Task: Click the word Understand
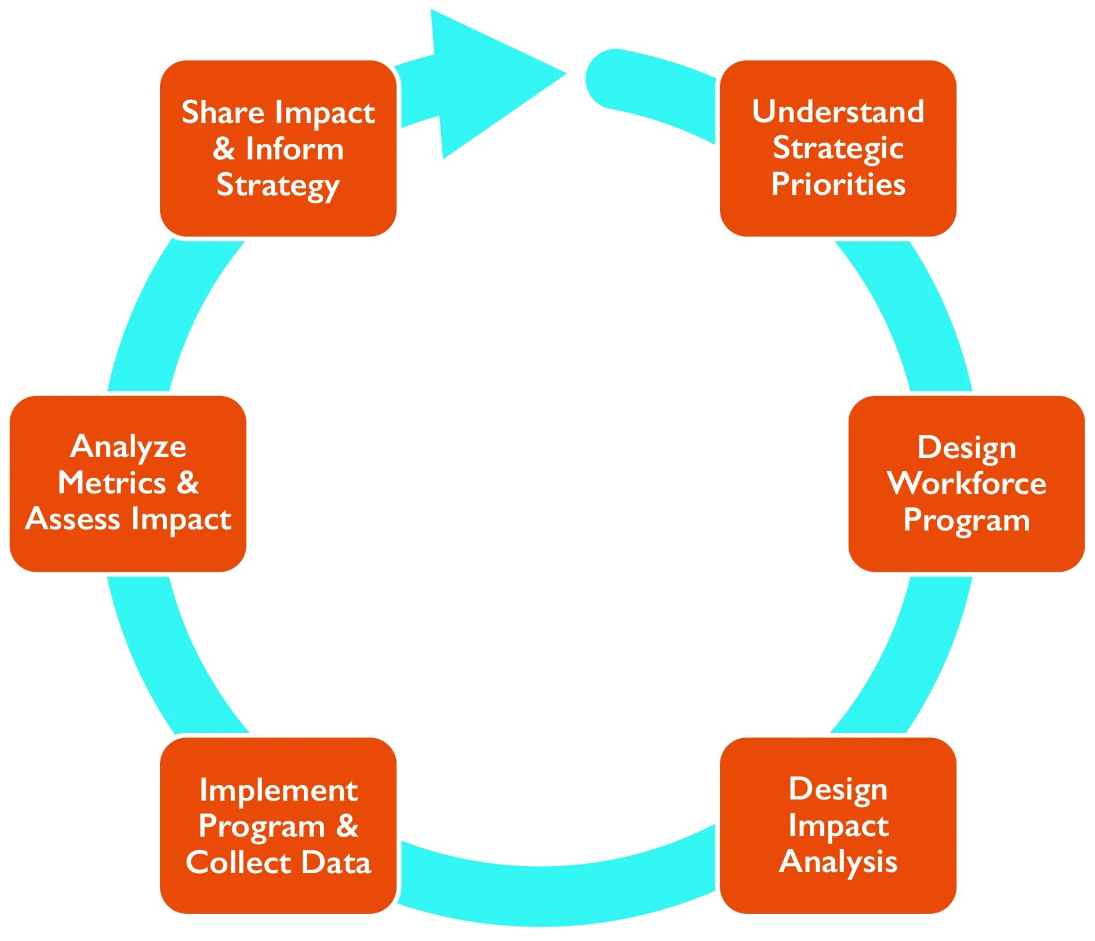838,111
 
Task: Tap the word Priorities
838,184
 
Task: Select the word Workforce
966,483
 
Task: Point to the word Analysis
838,862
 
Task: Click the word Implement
278,790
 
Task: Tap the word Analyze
128,447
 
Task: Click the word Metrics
112,483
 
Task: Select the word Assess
73,519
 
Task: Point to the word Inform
294,149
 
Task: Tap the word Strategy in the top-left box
278,186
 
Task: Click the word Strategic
838,148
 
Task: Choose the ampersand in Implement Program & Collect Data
347,826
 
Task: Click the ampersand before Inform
224,149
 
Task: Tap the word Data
336,863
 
